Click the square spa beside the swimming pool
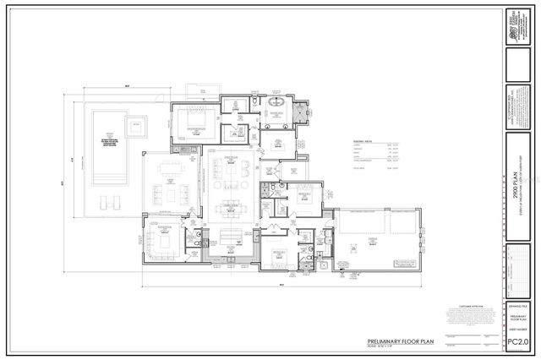(134, 128)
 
